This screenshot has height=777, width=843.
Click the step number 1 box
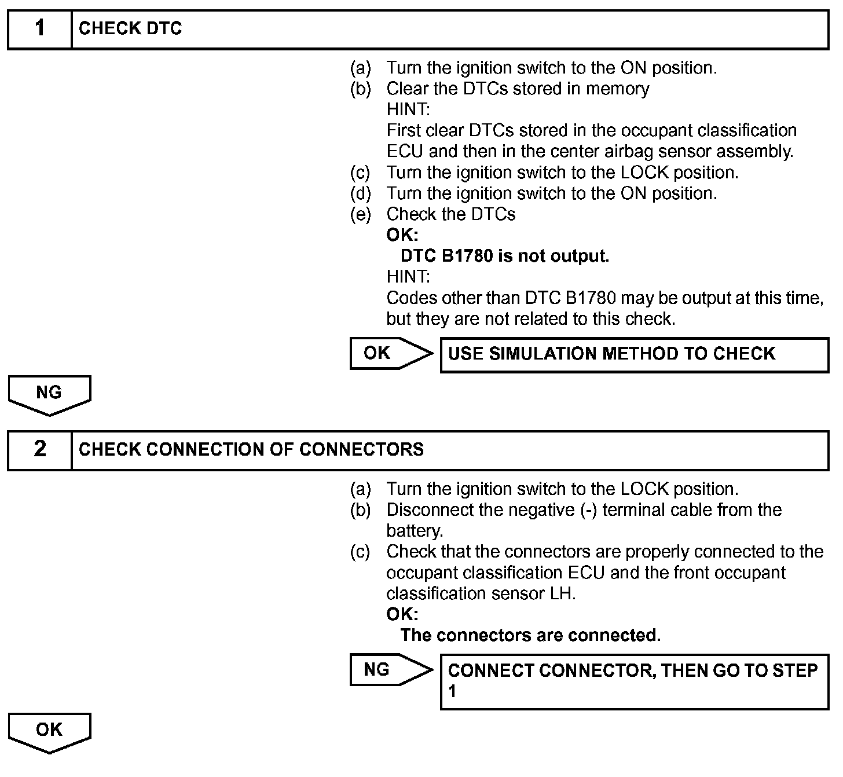(x=39, y=28)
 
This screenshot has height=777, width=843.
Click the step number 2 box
(x=39, y=449)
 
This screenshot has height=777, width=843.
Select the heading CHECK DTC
(x=130, y=28)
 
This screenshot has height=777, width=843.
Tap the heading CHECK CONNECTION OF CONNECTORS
(x=251, y=449)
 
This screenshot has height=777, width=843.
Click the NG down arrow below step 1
(x=49, y=394)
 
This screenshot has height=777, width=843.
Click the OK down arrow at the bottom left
(x=49, y=731)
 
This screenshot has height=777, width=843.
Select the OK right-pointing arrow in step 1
(x=391, y=353)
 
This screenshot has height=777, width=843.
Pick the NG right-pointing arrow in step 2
(x=391, y=670)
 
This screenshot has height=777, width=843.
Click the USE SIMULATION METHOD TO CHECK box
(x=634, y=354)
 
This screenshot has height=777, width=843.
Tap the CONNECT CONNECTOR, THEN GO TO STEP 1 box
(x=634, y=681)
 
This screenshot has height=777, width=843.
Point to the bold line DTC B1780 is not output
(x=504, y=256)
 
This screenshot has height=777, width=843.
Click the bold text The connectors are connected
(x=530, y=635)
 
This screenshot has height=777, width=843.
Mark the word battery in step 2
(x=413, y=531)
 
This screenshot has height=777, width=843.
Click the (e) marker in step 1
(x=360, y=214)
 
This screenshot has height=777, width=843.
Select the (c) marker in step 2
(x=360, y=552)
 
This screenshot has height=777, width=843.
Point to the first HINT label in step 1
(x=408, y=109)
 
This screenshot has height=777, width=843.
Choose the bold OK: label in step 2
(x=402, y=614)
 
